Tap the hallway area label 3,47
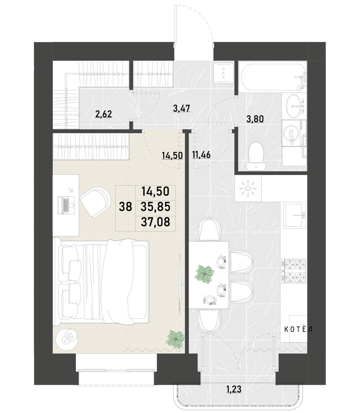(x=182, y=108)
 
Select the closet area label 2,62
(x=104, y=114)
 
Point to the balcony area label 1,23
(x=234, y=389)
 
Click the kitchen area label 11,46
(x=201, y=155)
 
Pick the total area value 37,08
(x=155, y=222)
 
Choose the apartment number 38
(x=126, y=207)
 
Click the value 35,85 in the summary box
(x=155, y=207)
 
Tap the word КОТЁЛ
(x=298, y=330)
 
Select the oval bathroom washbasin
(x=293, y=106)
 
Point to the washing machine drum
(x=292, y=133)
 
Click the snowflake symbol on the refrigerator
(x=248, y=188)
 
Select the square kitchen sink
(x=295, y=215)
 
